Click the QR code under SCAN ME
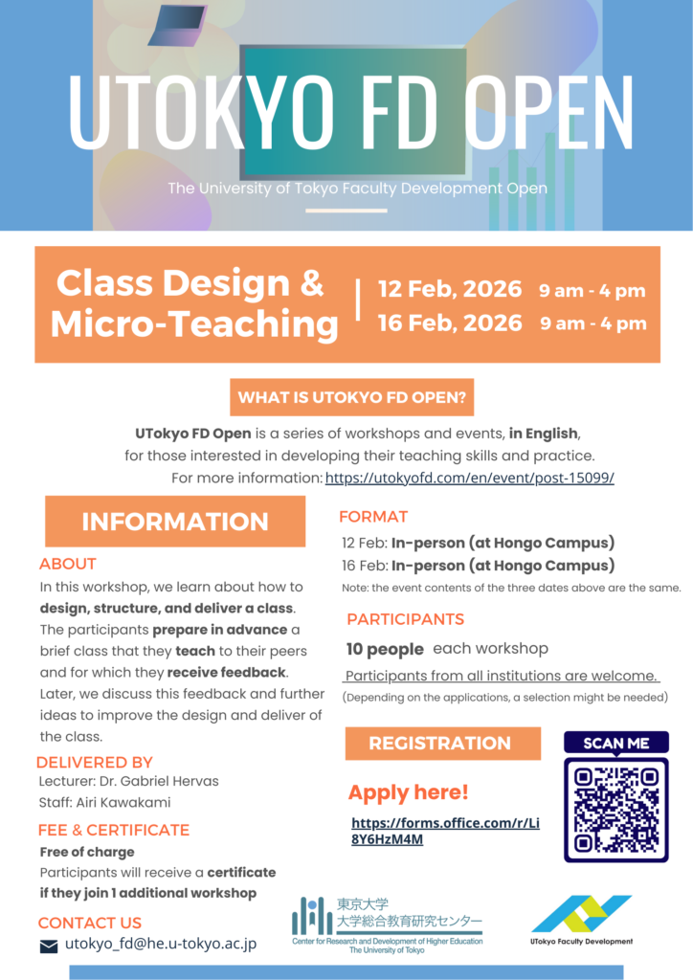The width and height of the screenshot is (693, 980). pos(615,809)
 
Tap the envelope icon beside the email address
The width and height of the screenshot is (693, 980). pos(49,947)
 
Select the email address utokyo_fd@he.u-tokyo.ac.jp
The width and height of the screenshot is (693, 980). pos(160,945)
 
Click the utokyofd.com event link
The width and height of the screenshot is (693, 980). pos(469,478)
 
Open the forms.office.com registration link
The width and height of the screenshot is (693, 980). pos(445,831)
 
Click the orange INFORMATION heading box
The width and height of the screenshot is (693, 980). pos(175,522)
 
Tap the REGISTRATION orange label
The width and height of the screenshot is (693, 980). pos(440,743)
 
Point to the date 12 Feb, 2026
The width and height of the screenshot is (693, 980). pos(450,290)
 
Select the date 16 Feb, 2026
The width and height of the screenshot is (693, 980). pos(450,323)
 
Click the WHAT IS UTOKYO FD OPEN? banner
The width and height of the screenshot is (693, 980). pos(351,397)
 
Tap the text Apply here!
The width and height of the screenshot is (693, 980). pos(408,792)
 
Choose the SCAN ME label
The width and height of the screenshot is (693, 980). pos(615,744)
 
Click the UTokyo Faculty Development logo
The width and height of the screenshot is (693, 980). pos(581,920)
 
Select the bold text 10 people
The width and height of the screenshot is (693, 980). pos(385,649)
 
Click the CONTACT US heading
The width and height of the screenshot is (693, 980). pos(89,923)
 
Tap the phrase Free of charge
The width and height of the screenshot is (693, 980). pos(87,852)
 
